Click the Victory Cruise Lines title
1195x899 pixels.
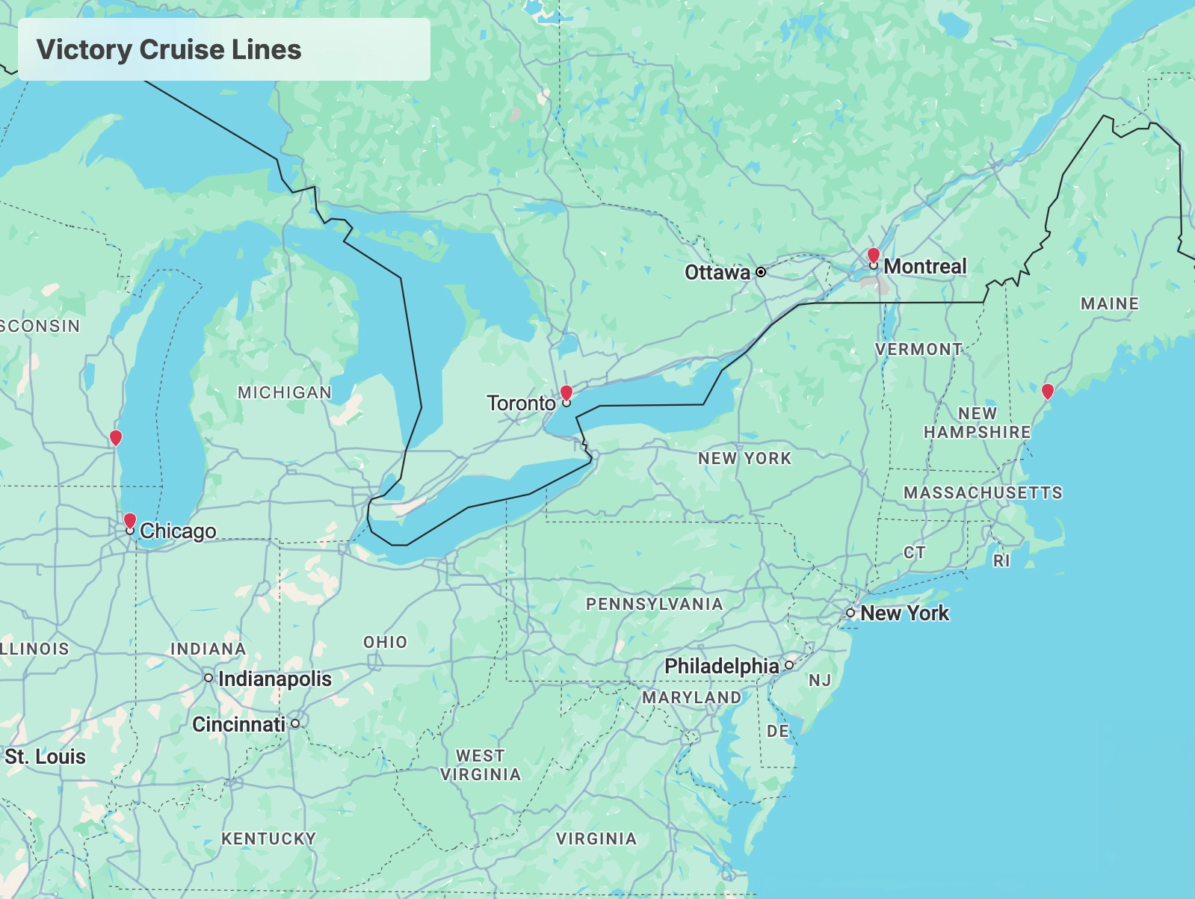click(x=169, y=49)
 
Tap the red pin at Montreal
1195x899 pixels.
click(x=873, y=256)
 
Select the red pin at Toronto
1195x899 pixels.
click(x=566, y=393)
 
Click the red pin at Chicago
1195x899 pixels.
click(x=130, y=521)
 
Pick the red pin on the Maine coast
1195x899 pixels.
click(x=1048, y=391)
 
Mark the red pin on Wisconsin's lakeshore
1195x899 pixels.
click(x=115, y=437)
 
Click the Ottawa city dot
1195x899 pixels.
click(x=761, y=272)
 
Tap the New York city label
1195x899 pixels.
click(x=904, y=613)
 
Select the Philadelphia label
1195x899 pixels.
click(x=721, y=666)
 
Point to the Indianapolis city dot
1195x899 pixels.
click(x=209, y=678)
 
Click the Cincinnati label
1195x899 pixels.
click(x=238, y=724)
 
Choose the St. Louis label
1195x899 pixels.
click(x=45, y=756)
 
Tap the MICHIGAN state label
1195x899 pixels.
click(x=284, y=392)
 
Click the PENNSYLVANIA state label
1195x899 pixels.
click(x=654, y=604)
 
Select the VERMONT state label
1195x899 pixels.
click(x=918, y=349)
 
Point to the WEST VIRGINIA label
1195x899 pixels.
click(x=480, y=765)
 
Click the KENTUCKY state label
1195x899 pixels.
click(x=268, y=838)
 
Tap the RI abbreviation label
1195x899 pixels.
click(x=1001, y=560)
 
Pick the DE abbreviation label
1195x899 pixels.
click(x=778, y=731)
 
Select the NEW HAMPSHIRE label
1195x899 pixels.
click(x=977, y=423)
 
